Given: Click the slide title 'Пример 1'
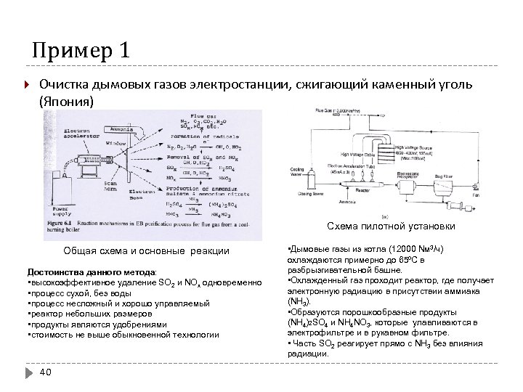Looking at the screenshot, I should (81, 52).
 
